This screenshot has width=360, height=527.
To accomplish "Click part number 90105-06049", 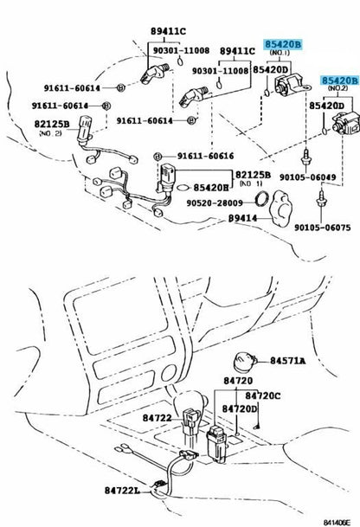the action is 307,177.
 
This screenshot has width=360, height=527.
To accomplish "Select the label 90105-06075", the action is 322,228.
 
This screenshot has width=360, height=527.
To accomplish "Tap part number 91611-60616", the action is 205,156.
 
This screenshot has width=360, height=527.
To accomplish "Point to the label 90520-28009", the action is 215,202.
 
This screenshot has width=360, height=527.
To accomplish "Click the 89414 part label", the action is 242,218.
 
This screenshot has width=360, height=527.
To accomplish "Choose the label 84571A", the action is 288,361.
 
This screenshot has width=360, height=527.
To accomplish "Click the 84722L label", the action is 122,491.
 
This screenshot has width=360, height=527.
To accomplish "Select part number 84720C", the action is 262,396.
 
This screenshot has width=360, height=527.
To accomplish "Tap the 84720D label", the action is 240,408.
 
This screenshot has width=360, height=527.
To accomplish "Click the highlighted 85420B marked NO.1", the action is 283,44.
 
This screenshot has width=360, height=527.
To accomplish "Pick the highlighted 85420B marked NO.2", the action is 340,80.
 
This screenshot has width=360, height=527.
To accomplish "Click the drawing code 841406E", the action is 337,523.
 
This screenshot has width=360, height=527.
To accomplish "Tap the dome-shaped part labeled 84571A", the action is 244,363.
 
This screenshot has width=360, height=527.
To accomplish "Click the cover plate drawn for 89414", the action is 280,209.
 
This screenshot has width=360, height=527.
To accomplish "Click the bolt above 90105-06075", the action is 322,198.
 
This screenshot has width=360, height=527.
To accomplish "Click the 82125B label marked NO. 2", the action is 52,124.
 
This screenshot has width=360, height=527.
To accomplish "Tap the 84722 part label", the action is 157,418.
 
